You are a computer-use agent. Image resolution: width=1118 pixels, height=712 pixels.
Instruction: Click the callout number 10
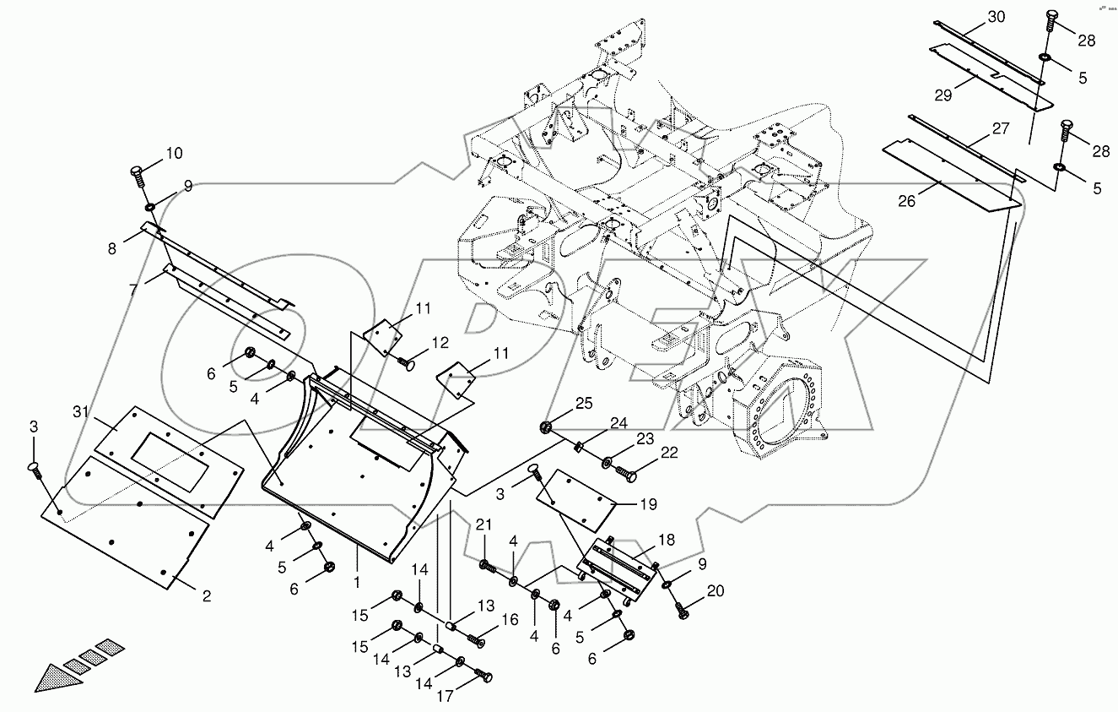point(174,154)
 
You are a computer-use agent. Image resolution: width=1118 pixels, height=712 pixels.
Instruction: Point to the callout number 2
point(205,595)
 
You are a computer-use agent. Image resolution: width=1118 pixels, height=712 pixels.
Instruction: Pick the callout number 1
point(357,582)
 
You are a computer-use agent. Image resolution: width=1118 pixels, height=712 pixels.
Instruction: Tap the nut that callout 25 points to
point(545,427)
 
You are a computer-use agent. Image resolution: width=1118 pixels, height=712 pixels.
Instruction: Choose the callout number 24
point(620,422)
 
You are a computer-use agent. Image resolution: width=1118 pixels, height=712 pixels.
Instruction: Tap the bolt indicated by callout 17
point(483,677)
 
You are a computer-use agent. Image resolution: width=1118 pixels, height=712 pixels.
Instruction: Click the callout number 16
point(510,619)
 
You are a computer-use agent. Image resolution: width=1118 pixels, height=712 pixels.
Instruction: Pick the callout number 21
point(483,525)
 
